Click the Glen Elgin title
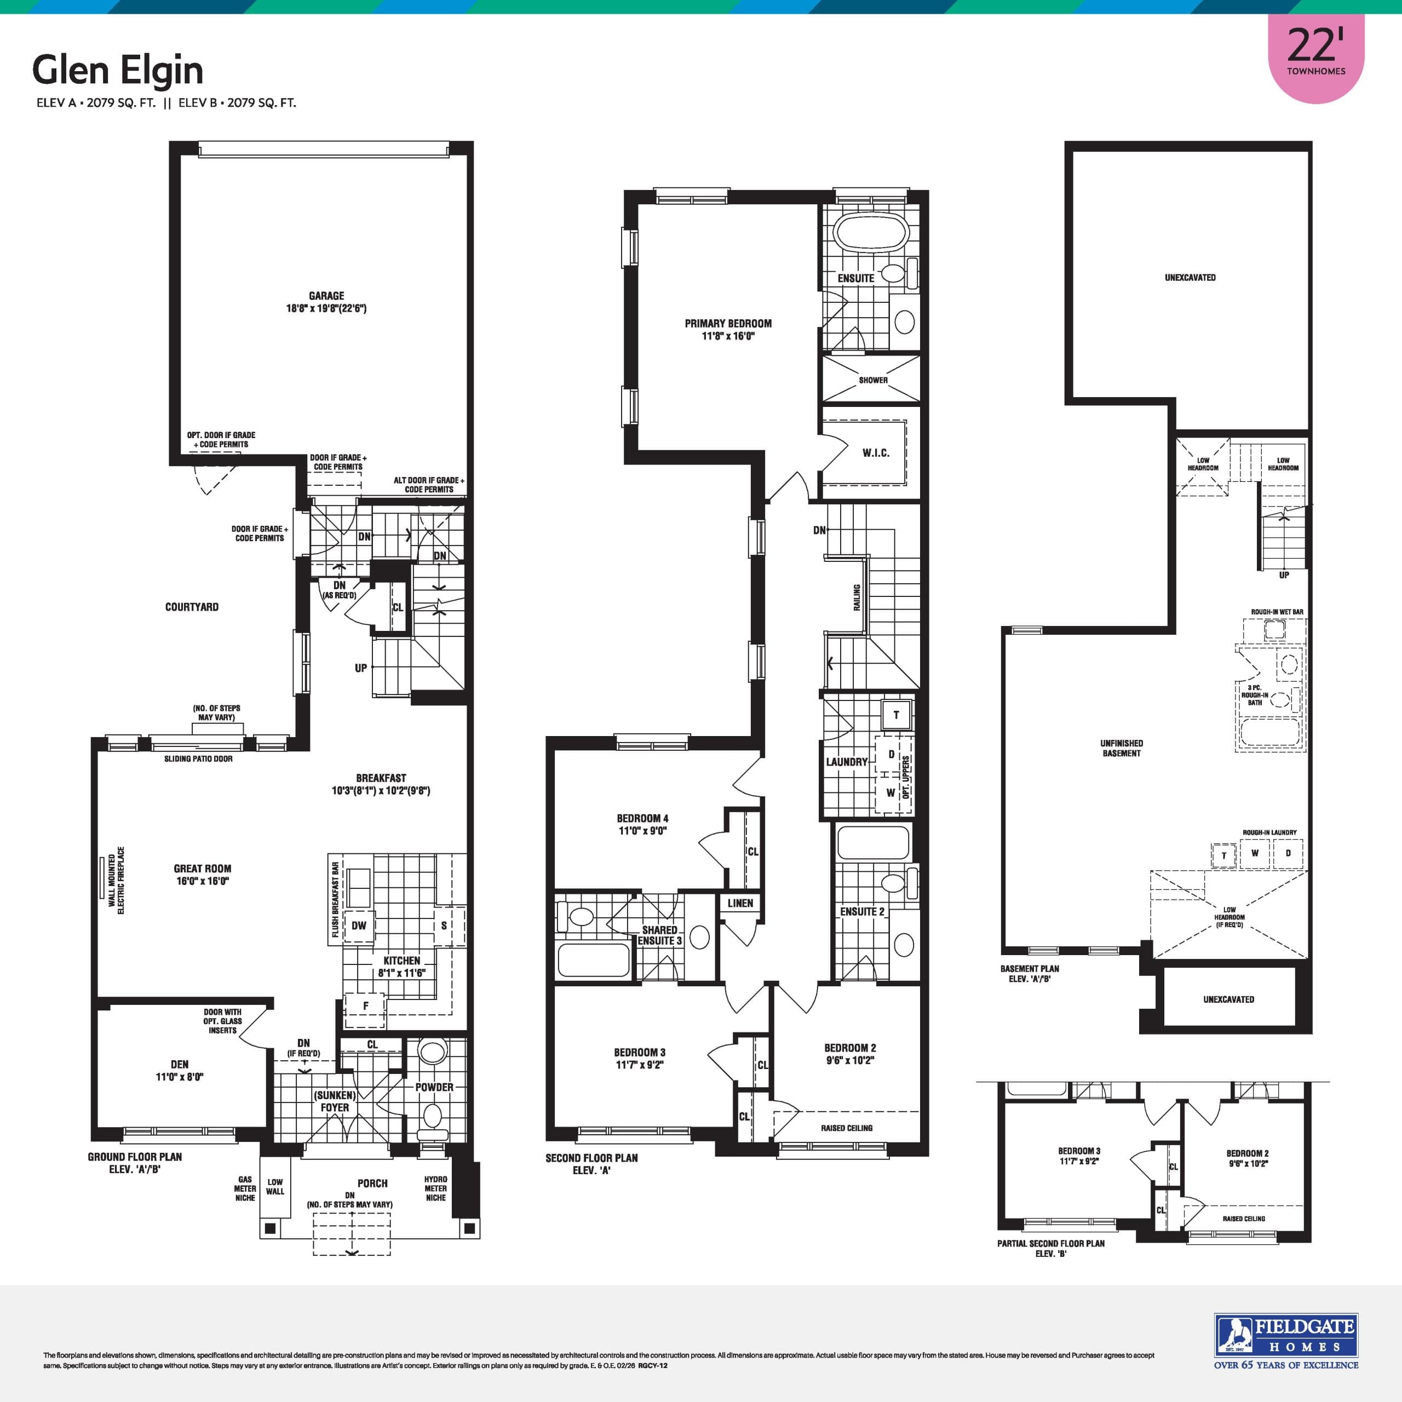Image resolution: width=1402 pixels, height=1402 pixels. (x=118, y=71)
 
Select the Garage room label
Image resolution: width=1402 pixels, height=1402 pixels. (x=326, y=295)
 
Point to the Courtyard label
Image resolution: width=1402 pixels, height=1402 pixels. (x=192, y=607)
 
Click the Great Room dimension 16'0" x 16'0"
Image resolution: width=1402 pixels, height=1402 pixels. (x=203, y=881)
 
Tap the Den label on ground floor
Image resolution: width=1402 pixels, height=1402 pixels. (x=179, y=1064)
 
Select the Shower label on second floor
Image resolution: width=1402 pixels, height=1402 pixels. (x=873, y=380)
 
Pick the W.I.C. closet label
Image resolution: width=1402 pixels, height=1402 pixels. (x=875, y=453)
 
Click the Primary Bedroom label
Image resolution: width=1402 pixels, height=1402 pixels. (x=728, y=324)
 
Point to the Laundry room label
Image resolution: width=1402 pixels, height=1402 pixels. (x=846, y=762)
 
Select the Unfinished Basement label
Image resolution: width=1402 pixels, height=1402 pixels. (x=1121, y=748)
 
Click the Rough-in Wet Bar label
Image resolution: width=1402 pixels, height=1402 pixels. (x=1277, y=612)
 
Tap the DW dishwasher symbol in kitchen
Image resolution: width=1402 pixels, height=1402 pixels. (x=359, y=925)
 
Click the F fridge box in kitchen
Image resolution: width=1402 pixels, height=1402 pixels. (x=365, y=1006)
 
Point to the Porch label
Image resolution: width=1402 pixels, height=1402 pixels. (x=372, y=1183)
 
